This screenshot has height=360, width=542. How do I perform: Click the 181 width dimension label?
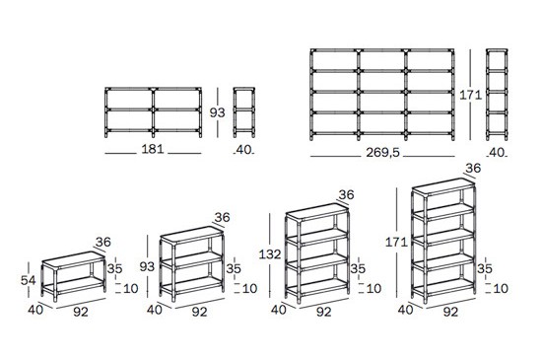point(153,149)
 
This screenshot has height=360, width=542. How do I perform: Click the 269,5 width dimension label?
point(382,153)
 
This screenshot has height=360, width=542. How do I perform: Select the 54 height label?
point(28,280)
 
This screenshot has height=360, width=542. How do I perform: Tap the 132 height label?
point(270,254)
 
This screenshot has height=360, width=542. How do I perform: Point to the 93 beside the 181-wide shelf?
point(217,112)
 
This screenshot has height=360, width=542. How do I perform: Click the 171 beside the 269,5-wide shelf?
point(470,95)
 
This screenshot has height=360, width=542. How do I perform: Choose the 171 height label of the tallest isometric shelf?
point(396,242)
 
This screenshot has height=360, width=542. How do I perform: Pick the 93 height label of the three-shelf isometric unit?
point(147,266)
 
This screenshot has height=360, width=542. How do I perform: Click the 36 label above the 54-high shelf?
point(103,242)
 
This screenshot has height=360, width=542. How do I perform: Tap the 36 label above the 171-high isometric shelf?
point(473,168)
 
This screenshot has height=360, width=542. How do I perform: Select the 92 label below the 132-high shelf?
point(324,312)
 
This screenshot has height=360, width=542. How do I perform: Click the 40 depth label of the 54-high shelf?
point(35,310)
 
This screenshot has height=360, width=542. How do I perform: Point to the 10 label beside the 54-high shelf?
point(131,288)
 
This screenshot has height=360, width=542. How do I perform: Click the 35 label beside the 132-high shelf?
point(358,268)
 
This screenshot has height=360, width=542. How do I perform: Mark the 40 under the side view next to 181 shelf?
point(244,150)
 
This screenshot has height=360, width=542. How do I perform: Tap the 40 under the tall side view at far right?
point(497,153)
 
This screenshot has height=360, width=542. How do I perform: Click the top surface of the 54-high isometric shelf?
point(73,259)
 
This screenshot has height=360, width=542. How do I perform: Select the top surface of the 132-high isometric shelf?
point(317,211)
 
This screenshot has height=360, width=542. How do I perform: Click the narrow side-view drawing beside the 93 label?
point(244,112)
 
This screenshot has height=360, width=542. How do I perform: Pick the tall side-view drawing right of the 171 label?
point(497,95)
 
